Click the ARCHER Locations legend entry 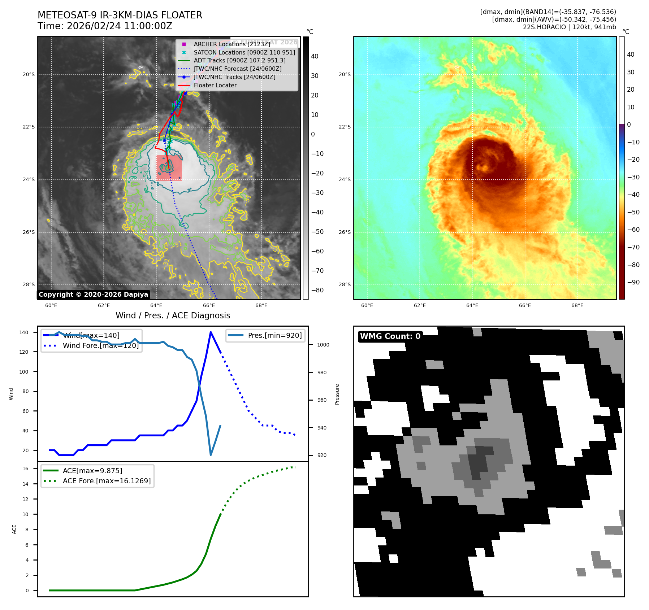(232, 44)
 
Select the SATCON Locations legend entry (244, 52)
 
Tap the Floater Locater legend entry (215, 85)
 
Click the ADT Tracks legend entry (239, 61)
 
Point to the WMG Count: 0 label (390, 336)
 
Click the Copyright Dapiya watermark (93, 295)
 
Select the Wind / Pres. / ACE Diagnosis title (173, 315)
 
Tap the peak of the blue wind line (211, 332)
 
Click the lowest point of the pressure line (211, 455)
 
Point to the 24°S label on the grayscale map (29, 179)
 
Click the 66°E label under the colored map (525, 305)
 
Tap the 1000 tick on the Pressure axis (323, 345)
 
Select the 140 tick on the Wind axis (24, 332)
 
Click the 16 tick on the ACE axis (25, 469)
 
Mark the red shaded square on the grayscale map (169, 167)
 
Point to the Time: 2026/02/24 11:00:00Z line (105, 26)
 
